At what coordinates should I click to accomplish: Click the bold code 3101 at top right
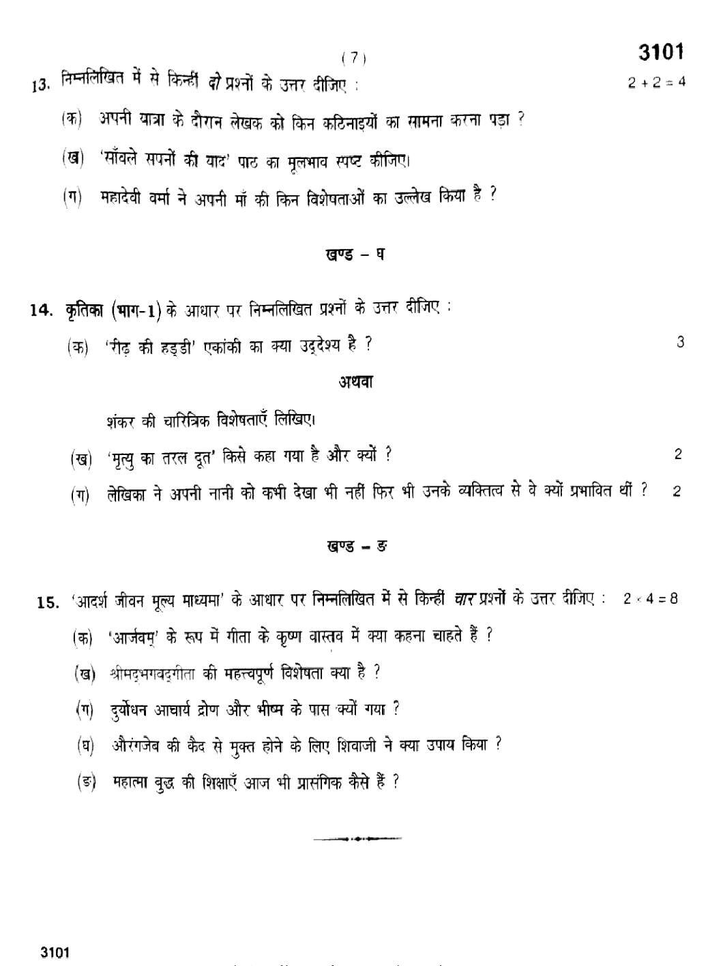click(660, 52)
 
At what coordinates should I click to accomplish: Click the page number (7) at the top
click(353, 59)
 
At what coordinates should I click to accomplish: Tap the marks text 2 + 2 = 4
click(656, 83)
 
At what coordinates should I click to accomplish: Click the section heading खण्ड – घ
click(354, 255)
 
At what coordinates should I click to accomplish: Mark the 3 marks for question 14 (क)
click(680, 342)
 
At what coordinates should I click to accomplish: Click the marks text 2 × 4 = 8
click(650, 599)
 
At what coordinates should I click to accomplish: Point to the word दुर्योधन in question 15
click(134, 709)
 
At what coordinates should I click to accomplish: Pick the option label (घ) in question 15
click(85, 746)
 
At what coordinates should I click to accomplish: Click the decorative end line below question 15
click(357, 838)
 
